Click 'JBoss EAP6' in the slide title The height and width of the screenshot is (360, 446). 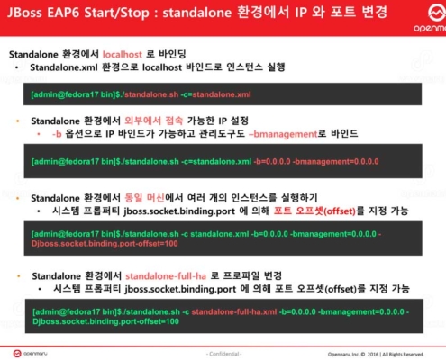(x=46, y=15)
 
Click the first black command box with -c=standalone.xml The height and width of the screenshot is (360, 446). (x=225, y=94)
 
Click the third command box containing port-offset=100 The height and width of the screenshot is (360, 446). (x=225, y=238)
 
